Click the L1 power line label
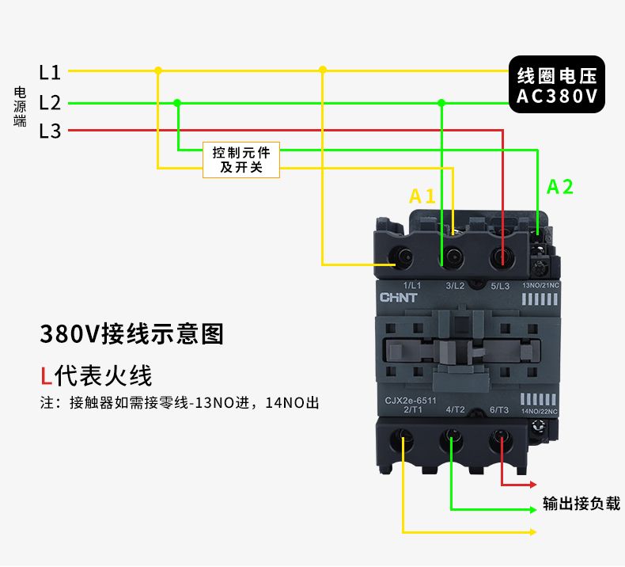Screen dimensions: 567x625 [50, 72]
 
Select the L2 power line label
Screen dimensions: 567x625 [50, 102]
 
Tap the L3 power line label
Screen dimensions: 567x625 [50, 131]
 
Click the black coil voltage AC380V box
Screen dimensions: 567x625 [556, 86]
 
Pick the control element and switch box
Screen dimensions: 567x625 [241, 160]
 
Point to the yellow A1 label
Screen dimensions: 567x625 [422, 196]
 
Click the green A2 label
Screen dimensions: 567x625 [560, 187]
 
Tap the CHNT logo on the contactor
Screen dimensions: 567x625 [399, 299]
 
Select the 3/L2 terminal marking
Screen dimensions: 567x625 [455, 284]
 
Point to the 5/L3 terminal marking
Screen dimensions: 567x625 [500, 284]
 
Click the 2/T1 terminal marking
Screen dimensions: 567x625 [413, 409]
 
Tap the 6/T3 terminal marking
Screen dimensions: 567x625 [499, 409]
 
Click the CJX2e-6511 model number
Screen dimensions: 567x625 [410, 400]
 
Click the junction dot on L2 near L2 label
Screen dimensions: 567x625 [177, 102]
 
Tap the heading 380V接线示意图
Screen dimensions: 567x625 [132, 333]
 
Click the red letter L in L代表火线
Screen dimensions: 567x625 [47, 375]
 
